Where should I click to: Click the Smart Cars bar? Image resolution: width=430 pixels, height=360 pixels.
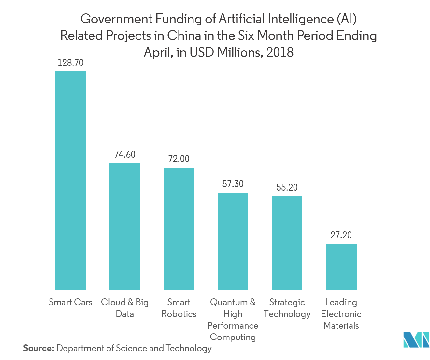click(x=71, y=180)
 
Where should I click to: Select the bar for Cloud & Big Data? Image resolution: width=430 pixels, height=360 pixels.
click(x=125, y=226)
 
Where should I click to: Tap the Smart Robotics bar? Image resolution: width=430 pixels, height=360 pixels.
click(x=179, y=229)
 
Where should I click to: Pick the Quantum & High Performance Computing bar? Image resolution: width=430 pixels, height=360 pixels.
click(x=233, y=241)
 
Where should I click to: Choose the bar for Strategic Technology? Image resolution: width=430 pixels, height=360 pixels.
click(x=287, y=243)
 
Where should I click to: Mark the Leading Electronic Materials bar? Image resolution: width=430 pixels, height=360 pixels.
click(x=341, y=266)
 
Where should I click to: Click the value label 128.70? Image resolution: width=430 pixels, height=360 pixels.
click(x=71, y=63)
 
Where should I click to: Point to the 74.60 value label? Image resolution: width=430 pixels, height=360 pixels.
click(x=125, y=154)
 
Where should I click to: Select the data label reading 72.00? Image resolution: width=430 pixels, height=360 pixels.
click(x=179, y=159)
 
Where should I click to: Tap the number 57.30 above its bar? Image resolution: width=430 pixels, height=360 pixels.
click(x=233, y=184)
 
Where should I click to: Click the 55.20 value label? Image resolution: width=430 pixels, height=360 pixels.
click(x=287, y=187)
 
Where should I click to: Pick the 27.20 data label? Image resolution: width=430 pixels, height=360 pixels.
click(x=341, y=235)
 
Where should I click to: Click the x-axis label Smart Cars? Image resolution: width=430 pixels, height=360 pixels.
click(x=71, y=302)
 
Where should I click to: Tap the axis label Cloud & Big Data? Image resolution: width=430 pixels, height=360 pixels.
click(x=125, y=308)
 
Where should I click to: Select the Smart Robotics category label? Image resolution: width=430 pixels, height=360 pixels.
click(x=179, y=308)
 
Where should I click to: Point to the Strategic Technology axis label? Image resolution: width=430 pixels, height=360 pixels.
click(x=287, y=308)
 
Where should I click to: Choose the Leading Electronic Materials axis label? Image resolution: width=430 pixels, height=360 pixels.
click(x=341, y=314)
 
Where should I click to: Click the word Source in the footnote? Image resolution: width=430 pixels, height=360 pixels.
click(x=38, y=348)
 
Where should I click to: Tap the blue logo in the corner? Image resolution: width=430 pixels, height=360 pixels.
click(x=416, y=340)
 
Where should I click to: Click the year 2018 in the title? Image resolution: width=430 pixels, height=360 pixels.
click(x=280, y=52)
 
